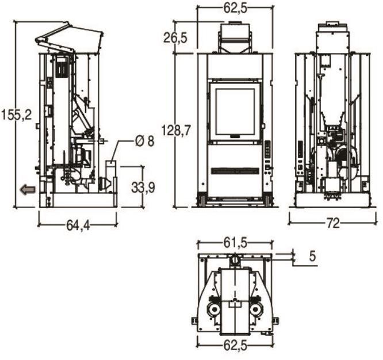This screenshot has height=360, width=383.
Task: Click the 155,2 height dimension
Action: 16,115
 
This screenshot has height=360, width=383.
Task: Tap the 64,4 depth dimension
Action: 78,226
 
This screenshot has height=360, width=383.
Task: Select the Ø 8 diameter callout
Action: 144,141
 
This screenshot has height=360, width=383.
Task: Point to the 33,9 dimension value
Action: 143,188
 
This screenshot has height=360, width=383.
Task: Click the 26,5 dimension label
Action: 175,38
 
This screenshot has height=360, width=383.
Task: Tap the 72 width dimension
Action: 333,223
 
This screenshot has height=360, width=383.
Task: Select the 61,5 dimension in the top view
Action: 235,243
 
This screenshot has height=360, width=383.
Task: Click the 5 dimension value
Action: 312,256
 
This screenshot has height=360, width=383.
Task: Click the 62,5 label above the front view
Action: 235,8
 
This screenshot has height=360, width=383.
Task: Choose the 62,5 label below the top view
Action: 235,346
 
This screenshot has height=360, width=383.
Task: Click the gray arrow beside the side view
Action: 28,190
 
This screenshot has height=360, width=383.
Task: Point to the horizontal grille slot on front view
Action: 235,171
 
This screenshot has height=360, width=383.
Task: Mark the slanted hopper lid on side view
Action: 70,37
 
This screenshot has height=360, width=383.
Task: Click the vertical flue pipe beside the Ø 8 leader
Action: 110,177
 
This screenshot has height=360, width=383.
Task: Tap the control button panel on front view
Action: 268,149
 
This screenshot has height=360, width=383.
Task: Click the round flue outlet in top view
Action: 235,259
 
